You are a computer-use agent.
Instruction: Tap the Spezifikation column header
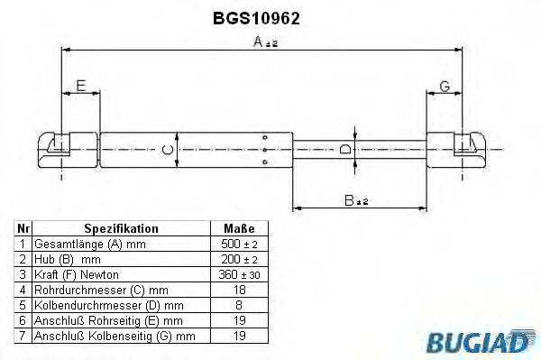point(121,229)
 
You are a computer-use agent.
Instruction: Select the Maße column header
point(239,229)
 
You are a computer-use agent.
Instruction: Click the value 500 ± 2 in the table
point(239,245)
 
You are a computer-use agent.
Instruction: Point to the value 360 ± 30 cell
point(239,274)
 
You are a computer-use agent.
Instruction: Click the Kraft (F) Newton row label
point(76,274)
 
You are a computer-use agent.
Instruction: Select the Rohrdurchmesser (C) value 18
point(239,290)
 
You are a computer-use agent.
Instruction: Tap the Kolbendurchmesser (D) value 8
point(239,305)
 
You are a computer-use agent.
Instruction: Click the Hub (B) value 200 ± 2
point(239,260)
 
